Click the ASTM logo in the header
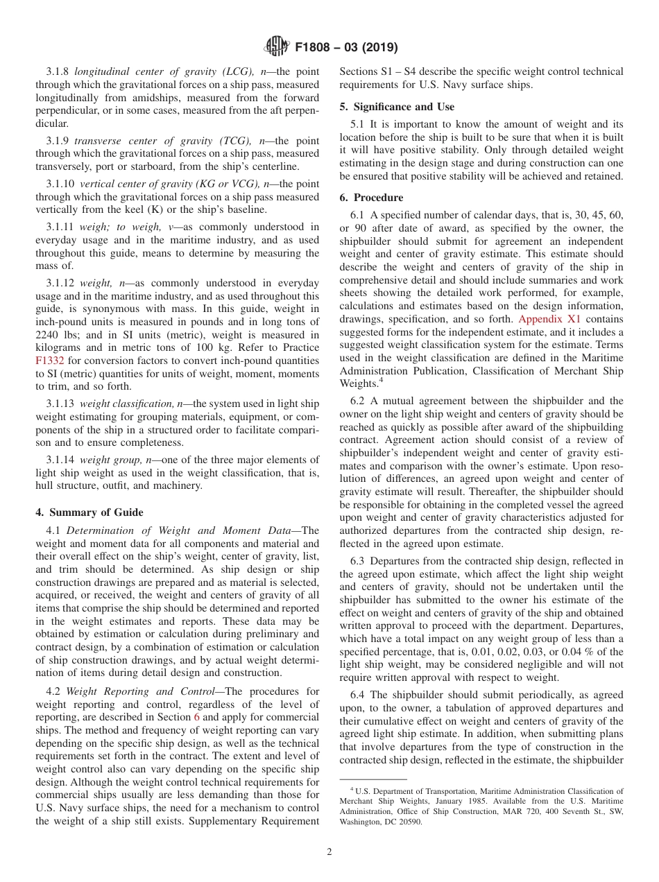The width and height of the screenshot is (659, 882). [276, 47]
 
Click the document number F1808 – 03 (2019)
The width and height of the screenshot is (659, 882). [345, 48]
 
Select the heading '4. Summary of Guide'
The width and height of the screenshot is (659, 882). [89, 512]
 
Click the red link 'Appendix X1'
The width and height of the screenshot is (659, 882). [549, 319]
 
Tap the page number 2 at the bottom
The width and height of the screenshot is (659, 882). [329, 852]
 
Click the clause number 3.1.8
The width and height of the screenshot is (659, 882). [58, 71]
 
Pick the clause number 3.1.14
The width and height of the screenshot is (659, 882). [61, 460]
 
